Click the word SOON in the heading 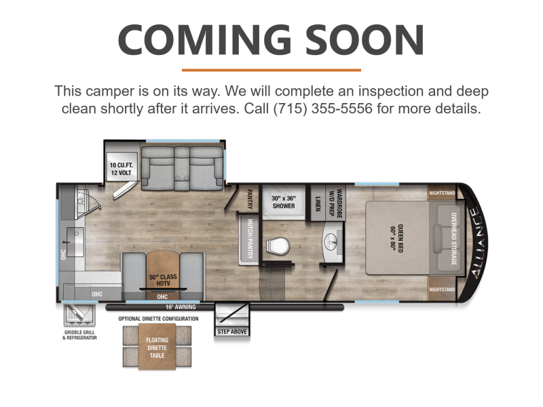[364, 40]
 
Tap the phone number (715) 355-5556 [323, 109]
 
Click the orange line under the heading [271, 71]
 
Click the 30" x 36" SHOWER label [284, 202]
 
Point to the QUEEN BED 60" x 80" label [396, 238]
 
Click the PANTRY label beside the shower [250, 199]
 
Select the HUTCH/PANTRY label [250, 239]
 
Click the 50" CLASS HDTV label [163, 280]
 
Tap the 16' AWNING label [181, 307]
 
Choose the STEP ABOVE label [232, 332]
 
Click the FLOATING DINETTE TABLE [157, 347]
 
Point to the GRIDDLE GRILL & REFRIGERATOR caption [79, 335]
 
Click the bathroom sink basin [332, 241]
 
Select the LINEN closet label [318, 203]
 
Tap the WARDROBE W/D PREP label [335, 203]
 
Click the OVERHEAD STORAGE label [453, 239]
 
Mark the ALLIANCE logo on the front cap [476, 243]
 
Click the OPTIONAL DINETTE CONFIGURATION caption [158, 319]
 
